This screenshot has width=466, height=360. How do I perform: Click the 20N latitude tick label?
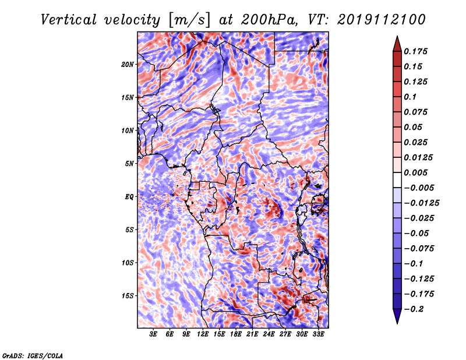(x=128, y=65)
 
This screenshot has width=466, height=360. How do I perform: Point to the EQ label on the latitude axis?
(x=129, y=197)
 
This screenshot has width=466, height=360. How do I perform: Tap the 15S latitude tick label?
(x=128, y=296)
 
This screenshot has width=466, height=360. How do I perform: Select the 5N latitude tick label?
(x=129, y=164)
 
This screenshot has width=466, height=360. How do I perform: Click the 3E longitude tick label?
(x=153, y=334)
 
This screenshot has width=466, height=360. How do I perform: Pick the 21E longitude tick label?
(x=252, y=334)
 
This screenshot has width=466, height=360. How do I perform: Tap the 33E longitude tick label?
(x=318, y=334)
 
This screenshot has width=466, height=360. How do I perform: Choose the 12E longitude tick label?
(x=203, y=334)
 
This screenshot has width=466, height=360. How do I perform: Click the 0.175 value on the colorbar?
(x=415, y=51)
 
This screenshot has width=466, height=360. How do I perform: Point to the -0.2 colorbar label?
(x=414, y=309)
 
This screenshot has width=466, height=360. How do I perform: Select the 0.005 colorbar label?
(x=415, y=172)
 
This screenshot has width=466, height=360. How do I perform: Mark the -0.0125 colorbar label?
(x=421, y=203)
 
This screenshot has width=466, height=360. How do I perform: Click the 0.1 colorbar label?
(x=410, y=97)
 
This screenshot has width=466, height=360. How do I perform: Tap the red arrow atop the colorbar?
(x=397, y=44)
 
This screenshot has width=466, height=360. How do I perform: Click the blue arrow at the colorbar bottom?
(x=397, y=316)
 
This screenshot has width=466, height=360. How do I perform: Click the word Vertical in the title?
(x=69, y=20)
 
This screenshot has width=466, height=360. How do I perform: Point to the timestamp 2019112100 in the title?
(x=382, y=20)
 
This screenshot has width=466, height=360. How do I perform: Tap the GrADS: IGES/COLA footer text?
(x=33, y=355)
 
